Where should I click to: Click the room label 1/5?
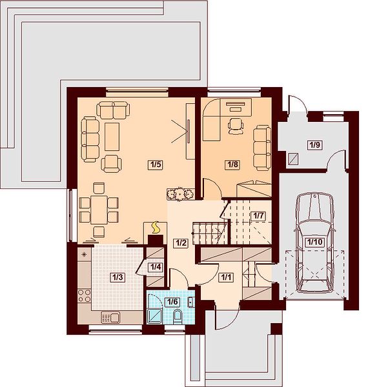pos(156,164)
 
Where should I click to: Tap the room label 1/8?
pos(232,164)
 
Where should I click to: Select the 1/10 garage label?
pos(315,242)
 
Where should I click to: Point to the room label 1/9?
pos(315,145)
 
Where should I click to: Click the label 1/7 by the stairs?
pos(258,216)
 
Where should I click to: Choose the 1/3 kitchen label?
pos(118,277)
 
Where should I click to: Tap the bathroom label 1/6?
pos(172,302)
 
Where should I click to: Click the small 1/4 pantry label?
pos(156,267)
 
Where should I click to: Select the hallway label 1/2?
pos(181,243)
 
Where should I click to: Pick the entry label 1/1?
pos(226,277)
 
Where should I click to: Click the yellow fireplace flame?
pos(156,227)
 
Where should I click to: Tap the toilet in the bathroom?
pos(178,317)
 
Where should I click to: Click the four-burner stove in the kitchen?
pos(84,296)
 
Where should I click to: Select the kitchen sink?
pos(110,317)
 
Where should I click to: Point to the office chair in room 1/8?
pos(236,126)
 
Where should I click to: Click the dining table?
pos(99,210)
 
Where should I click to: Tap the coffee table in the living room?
pos(112,137)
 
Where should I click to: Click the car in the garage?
pos(315,243)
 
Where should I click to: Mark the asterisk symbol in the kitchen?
pos(84,254)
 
